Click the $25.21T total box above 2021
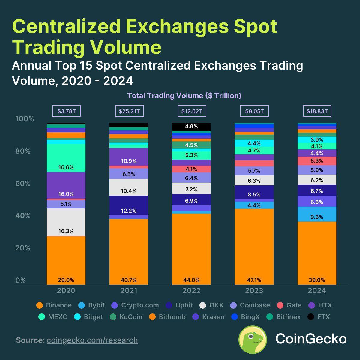(x=129, y=111)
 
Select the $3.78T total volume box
(x=66, y=111)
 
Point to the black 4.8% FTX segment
(x=191, y=127)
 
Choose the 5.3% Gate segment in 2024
(x=317, y=161)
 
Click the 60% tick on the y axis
(x=23, y=184)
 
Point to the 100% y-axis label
(x=25, y=119)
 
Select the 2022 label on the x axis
(x=191, y=291)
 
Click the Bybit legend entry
(x=91, y=305)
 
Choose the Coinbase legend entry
(x=250, y=305)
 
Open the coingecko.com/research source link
(x=92, y=340)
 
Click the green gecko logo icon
(x=253, y=340)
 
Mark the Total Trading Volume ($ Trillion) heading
(x=184, y=96)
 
